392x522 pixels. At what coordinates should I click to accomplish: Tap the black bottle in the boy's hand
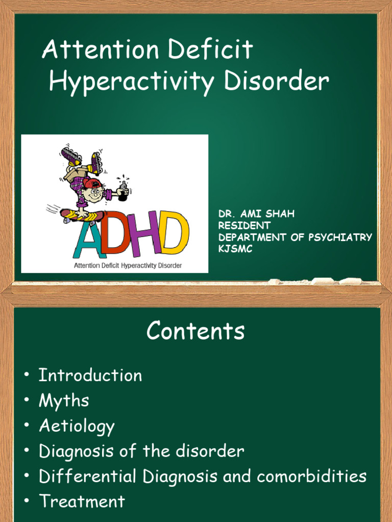point(122,192)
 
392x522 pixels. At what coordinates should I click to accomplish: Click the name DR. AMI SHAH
point(256,214)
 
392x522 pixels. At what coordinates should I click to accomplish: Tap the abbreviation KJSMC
point(235,249)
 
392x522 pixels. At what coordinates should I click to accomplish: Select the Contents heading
point(195,331)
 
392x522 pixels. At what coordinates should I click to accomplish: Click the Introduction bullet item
point(90,376)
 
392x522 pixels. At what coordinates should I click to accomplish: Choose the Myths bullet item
point(64,401)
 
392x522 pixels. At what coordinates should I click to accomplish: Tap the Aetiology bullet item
point(77,426)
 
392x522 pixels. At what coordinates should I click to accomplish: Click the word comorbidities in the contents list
point(312,477)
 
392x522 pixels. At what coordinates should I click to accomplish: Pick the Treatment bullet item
point(82,502)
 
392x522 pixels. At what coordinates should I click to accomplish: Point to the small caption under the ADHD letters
point(128,266)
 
